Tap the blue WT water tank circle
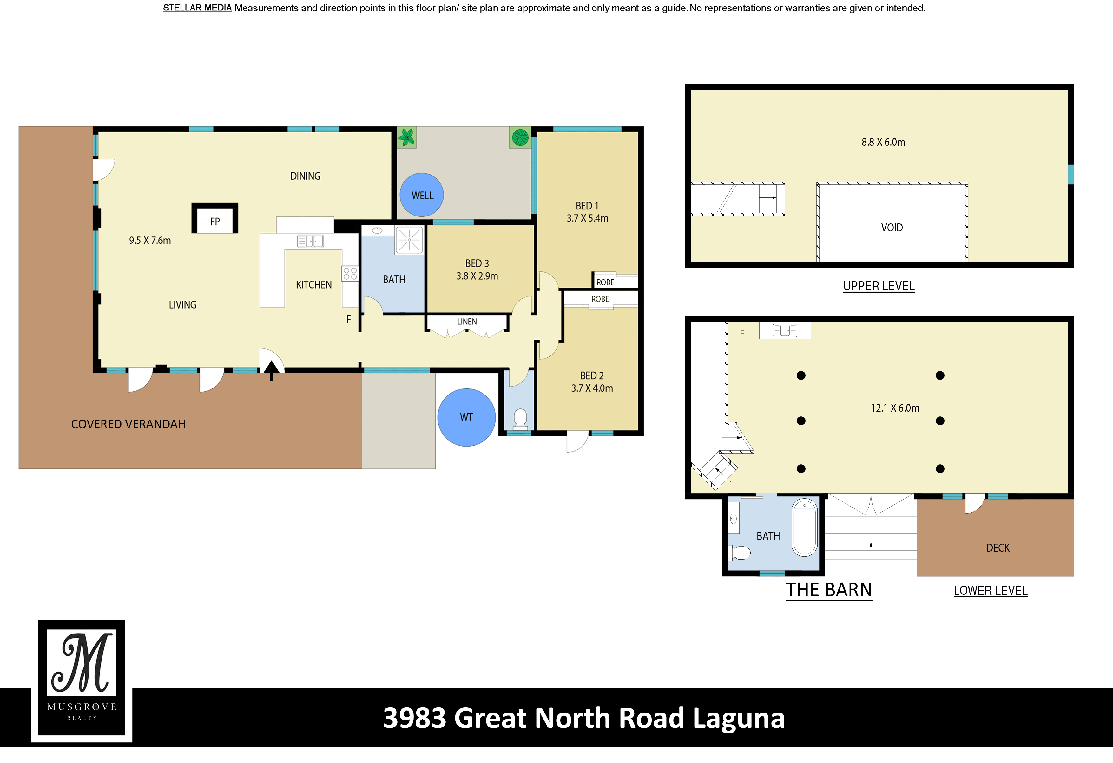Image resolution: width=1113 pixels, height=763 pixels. pos(466,417)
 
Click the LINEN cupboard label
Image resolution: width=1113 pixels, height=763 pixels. pos(467,322)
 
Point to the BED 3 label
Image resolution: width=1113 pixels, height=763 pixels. pos(477,263)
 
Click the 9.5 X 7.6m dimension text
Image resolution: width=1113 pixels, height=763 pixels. pos(150,241)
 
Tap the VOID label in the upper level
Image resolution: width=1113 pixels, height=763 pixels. pos(892,228)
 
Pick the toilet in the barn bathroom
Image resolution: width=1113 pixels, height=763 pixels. pos(740,553)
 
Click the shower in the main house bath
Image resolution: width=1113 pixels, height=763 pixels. pos(409,240)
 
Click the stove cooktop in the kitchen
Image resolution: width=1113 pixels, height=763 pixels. pos(350,274)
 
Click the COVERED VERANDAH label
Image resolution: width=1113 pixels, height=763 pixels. pos(128,424)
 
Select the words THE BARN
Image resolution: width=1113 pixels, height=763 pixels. pos(829,590)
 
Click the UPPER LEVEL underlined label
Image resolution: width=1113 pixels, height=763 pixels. pos(879,286)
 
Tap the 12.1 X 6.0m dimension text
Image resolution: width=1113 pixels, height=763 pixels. pos(895,408)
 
